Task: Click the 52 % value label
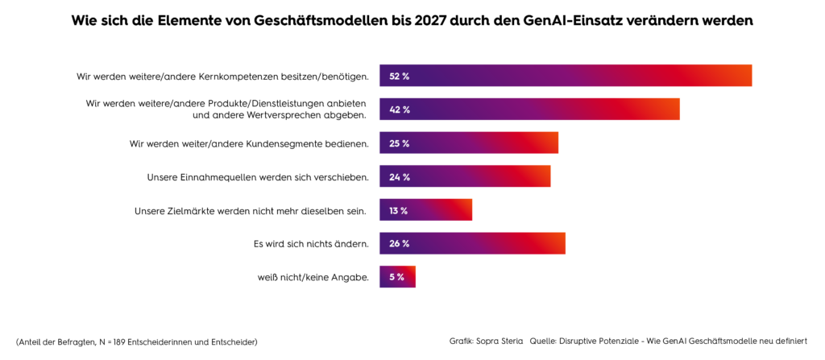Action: tap(400, 77)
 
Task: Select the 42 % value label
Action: tap(400, 110)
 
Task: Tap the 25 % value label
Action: tap(400, 143)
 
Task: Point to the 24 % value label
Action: tap(400, 177)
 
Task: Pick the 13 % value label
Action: tap(398, 211)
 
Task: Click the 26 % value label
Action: tap(400, 244)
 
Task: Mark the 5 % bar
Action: tap(398, 278)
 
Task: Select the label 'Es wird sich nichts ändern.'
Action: tap(311, 244)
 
